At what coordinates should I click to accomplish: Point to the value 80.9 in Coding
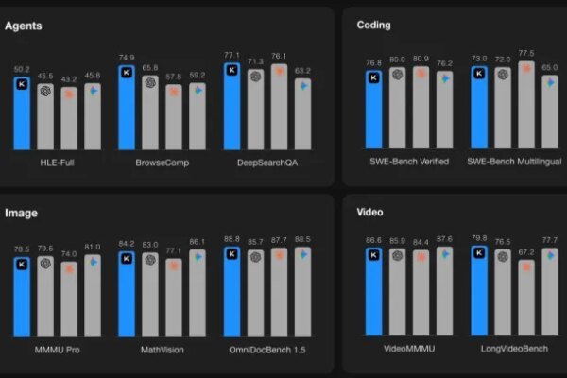(x=421, y=59)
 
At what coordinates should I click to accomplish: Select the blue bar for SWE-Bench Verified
(x=373, y=111)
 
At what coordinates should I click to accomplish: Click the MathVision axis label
(x=162, y=350)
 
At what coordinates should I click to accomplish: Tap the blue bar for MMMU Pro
(x=22, y=298)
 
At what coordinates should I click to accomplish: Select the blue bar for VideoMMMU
(x=373, y=293)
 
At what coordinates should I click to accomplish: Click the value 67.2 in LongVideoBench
(x=526, y=252)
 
